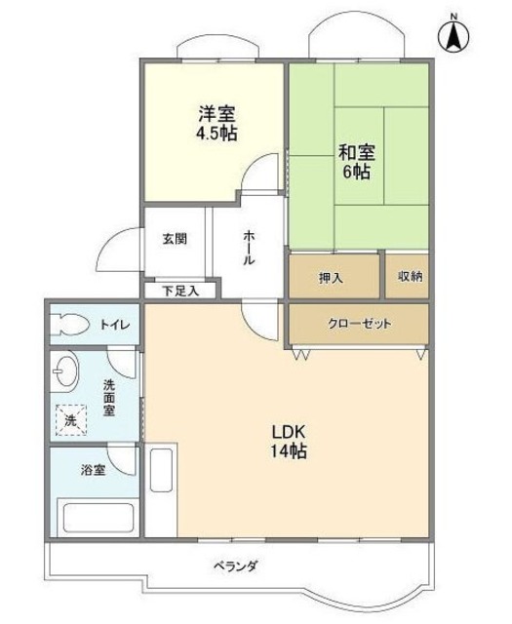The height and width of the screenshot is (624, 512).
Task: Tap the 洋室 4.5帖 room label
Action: click(217, 124)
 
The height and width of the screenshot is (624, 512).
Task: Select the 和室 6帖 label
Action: click(356, 162)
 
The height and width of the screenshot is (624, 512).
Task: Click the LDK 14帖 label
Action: click(289, 442)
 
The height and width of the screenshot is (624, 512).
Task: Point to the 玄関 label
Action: click(175, 239)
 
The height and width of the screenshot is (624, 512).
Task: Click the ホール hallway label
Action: click(249, 248)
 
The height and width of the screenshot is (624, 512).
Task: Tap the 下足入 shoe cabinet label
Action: click(180, 291)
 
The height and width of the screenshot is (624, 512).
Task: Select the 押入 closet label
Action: click(331, 278)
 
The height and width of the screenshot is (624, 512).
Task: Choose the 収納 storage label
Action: click(410, 276)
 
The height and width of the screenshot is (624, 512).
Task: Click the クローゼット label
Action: click(360, 324)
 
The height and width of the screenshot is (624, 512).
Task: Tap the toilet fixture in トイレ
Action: click(69, 325)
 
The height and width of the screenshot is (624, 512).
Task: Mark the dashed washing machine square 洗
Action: click(71, 420)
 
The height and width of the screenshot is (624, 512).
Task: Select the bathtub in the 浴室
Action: click(98, 518)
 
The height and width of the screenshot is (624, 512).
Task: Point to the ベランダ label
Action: click(236, 565)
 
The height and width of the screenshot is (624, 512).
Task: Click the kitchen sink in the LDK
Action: click(161, 470)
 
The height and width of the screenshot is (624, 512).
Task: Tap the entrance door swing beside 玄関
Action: click(120, 250)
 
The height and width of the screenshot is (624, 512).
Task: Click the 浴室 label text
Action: click(94, 470)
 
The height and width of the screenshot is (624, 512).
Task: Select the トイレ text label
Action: click(114, 325)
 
